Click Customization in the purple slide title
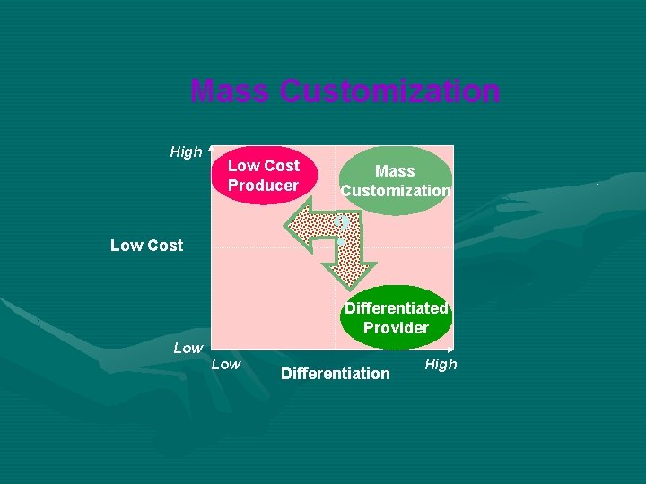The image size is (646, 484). pos(390,91)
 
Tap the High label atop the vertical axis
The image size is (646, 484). pos(186,151)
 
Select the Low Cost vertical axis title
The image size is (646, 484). pos(146,245)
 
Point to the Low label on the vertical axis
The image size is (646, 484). pos(188,348)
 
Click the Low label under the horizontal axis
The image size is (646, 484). pos(225,364)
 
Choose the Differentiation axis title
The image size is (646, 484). pos(336,373)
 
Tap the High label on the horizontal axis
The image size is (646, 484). pos(441,364)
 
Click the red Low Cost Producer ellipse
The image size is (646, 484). pos(262,175)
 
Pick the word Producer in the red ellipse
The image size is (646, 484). pos(263,186)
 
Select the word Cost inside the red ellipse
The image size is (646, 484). pos(282,166)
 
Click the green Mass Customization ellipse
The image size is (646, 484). pos(396,180)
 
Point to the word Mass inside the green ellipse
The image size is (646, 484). pos(395,170)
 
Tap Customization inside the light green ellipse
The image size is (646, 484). pos(396,190)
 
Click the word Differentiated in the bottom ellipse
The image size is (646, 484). pos(396,307)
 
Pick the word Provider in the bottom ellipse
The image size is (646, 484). pos(396,327)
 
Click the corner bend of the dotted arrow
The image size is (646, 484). pos(350,224)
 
